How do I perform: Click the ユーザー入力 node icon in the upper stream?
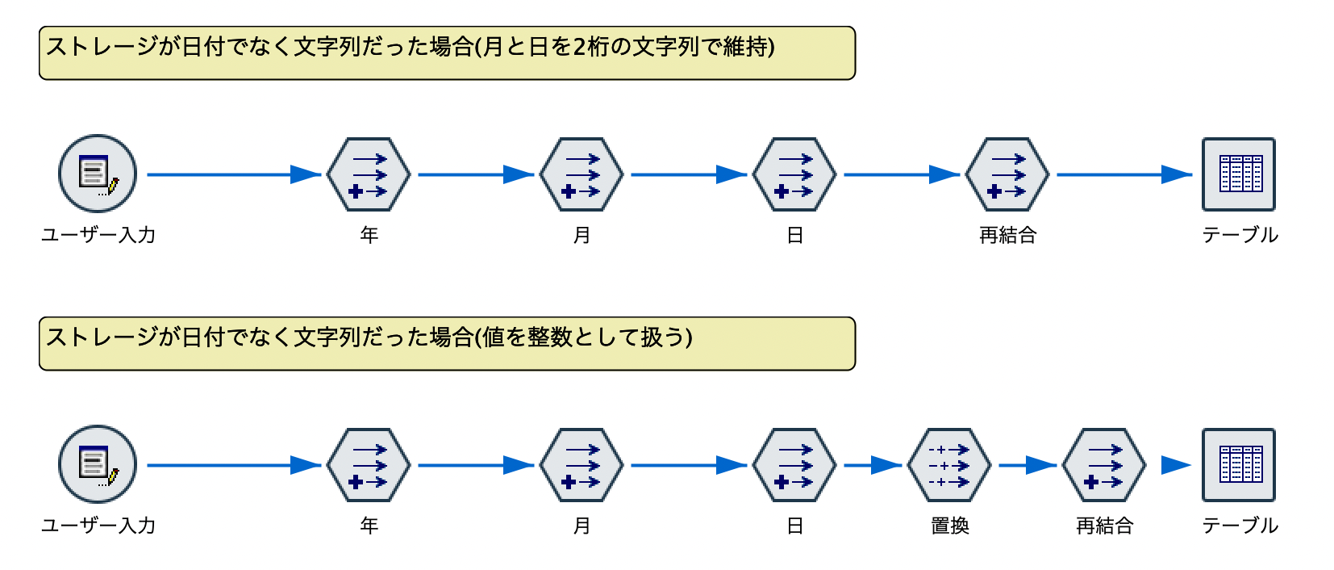point(98,174)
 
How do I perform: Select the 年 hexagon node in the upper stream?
point(369,174)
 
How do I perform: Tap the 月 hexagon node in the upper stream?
point(582,174)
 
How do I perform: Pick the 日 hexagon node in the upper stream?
point(794,174)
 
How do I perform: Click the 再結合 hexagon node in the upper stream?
point(1007,174)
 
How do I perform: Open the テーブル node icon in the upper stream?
point(1239,174)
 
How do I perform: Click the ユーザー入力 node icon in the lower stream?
point(98,464)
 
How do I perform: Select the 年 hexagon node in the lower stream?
point(369,465)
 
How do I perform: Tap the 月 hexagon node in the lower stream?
point(582,465)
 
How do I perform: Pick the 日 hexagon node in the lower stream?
point(794,465)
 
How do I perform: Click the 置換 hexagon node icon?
point(949,465)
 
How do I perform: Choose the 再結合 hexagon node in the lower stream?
point(1104,465)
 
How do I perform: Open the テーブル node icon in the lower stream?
point(1239,465)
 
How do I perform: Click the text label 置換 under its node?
point(949,526)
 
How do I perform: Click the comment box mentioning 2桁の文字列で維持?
point(447,53)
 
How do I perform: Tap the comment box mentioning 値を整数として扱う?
point(447,344)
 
